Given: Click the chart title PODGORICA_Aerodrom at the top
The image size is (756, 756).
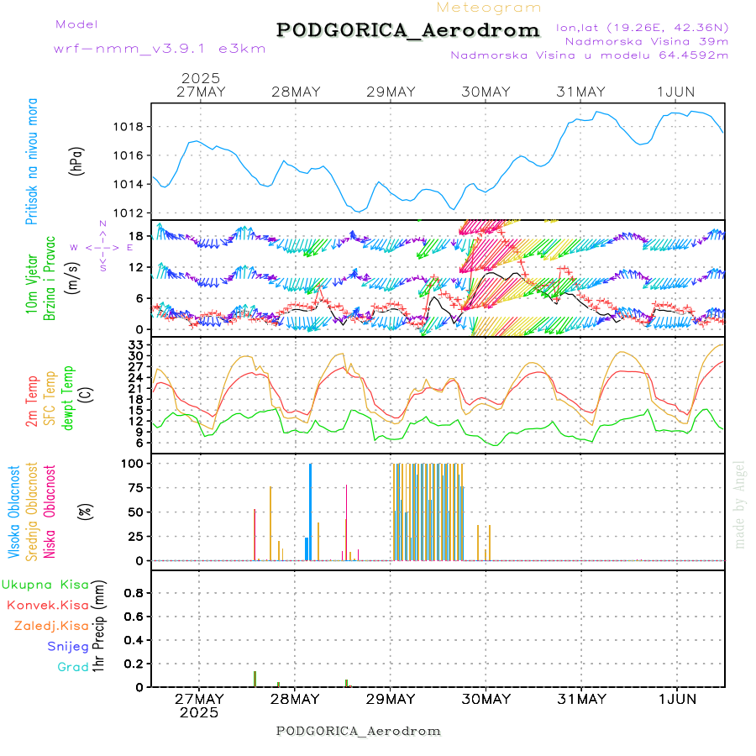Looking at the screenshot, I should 407,30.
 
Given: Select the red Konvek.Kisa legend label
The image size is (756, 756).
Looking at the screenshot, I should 47,605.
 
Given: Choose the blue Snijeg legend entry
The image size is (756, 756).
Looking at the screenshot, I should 67,646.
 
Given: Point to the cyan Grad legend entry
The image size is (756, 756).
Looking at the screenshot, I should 72,667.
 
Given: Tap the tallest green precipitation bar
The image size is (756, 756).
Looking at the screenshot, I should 255,679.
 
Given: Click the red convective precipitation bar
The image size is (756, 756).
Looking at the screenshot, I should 346,683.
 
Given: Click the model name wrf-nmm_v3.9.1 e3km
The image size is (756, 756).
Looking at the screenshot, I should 160,48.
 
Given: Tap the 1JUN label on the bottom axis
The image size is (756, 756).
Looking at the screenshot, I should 676,699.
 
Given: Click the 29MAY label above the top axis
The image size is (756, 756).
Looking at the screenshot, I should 391,92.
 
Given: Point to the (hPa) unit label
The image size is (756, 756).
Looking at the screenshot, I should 76,160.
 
